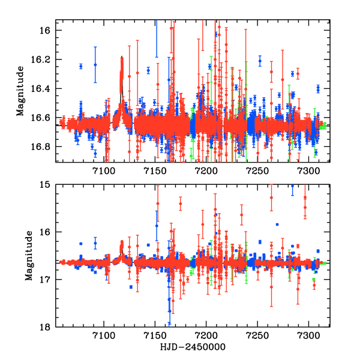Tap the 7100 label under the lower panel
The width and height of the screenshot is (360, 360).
104,337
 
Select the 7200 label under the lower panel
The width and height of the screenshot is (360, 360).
206,337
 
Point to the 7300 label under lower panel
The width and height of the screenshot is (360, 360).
309,337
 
